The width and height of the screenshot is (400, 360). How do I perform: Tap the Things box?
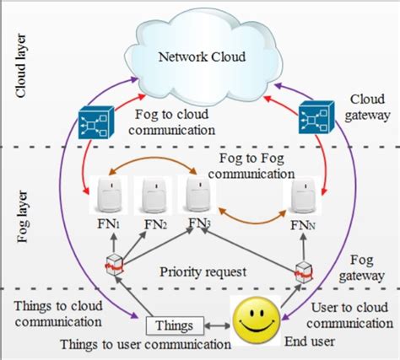(x=173, y=325)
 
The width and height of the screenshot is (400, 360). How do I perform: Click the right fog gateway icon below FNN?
(x=305, y=271)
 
